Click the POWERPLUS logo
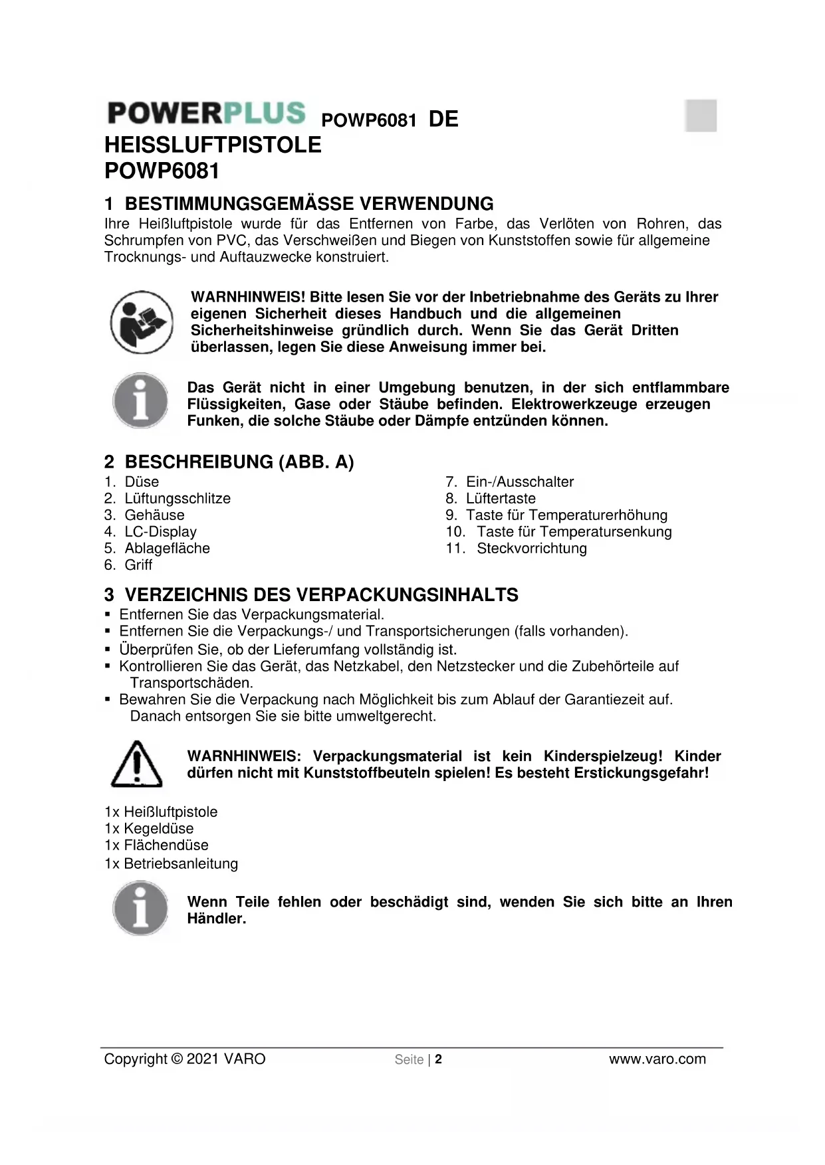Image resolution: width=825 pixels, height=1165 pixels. click(206, 113)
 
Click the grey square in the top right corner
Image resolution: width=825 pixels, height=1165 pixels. click(701, 116)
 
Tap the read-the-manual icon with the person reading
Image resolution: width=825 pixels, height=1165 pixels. click(142, 322)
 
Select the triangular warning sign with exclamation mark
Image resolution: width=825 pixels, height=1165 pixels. click(136, 764)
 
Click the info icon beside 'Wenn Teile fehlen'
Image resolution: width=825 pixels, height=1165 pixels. click(140, 909)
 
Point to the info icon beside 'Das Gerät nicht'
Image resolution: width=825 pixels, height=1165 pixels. click(140, 401)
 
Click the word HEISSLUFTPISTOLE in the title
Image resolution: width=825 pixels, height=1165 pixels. click(213, 145)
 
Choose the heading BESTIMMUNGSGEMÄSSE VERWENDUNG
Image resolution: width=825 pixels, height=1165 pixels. click(309, 204)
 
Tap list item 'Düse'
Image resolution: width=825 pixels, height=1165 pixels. click(142, 482)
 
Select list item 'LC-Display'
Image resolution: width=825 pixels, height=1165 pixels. click(160, 532)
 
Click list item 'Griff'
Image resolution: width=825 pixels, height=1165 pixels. click(138, 565)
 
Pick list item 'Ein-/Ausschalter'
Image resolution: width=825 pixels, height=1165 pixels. click(519, 482)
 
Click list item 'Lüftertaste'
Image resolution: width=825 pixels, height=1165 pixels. click(501, 499)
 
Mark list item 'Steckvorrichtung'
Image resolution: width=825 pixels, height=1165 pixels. click(531, 549)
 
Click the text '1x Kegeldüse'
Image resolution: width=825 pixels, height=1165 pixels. click(149, 829)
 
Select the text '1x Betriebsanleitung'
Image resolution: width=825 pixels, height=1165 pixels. click(171, 863)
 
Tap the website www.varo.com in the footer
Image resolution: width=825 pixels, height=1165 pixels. click(657, 1059)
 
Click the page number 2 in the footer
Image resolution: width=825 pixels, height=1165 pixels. click(439, 1059)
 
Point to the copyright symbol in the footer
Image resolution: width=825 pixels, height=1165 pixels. click(177, 1059)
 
